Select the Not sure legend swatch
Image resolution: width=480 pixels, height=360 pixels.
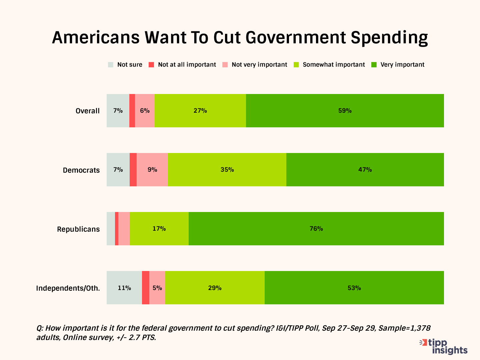(111, 65)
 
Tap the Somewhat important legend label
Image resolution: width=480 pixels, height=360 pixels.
(334, 65)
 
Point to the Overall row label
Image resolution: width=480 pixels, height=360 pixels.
(88, 111)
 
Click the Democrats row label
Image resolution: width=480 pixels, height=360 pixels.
(81, 170)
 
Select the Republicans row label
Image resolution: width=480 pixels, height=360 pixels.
(78, 229)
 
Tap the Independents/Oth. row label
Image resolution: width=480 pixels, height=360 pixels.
(68, 288)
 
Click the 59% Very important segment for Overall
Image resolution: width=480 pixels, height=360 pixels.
(345, 111)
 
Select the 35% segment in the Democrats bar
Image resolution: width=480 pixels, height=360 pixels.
(227, 170)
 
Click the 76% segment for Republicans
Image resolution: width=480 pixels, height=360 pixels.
(316, 229)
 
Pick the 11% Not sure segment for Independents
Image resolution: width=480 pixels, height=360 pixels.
(124, 288)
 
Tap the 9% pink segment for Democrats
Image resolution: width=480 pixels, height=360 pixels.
(152, 170)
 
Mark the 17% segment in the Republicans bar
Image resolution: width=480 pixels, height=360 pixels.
(159, 229)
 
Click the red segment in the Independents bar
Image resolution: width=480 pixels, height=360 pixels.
(146, 288)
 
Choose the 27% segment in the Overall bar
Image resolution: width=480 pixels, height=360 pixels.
(200, 111)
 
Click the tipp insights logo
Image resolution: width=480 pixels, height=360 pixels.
(444, 347)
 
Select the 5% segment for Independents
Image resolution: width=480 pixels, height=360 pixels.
(157, 288)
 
